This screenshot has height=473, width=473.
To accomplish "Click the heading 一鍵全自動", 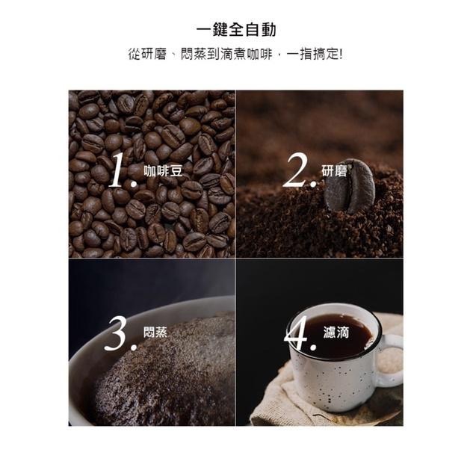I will (236, 30).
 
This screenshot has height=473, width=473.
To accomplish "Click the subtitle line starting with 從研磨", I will (236, 55).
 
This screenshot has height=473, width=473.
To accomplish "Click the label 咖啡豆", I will (163, 171).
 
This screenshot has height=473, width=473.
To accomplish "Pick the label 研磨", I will (334, 171).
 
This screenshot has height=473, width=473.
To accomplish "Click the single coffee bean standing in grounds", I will (349, 187).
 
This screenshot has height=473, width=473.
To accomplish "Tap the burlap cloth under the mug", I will (284, 407).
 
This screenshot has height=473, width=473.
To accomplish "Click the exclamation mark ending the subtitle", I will (341, 55).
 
